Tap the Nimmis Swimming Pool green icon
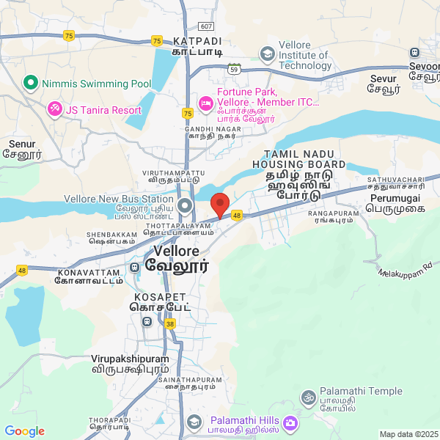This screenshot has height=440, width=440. pyautogui.click(x=30, y=83)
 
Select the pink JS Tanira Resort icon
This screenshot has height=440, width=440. pyautogui.click(x=54, y=110)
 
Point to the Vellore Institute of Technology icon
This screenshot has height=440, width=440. pyautogui.click(x=268, y=54)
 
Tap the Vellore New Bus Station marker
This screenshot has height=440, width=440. pyautogui.click(x=185, y=205)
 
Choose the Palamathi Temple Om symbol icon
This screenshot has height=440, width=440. pyautogui.click(x=308, y=397)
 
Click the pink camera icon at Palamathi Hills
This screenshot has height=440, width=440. pyautogui.click(x=290, y=423)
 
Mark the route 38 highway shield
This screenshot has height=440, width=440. pyautogui.click(x=170, y=323)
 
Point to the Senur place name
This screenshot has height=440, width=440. pyautogui.click(x=21, y=144)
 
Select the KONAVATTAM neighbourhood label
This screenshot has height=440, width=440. pyautogui.click(x=85, y=272)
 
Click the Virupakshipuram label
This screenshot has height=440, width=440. pyautogui.click(x=130, y=359)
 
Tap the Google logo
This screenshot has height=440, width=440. pyautogui.click(x=24, y=431)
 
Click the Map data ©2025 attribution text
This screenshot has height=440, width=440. pyautogui.click(x=408, y=434)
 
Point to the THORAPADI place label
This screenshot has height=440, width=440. pyautogui.click(x=109, y=419)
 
